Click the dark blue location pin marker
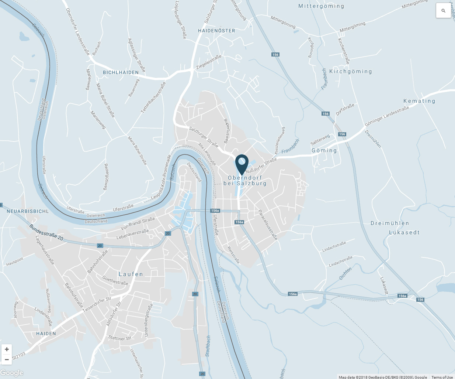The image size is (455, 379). point(242,164)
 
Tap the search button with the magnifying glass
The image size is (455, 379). point(443,11)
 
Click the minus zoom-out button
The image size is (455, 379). point(7,359)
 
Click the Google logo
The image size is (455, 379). point(12,373)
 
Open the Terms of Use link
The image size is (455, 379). point(442,377)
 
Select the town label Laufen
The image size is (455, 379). point(131,274)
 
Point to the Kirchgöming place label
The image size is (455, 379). point(350,71)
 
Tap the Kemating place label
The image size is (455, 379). point(419,101)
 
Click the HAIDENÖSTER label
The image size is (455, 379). point(216,31)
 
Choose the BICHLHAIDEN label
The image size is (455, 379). point(121,72)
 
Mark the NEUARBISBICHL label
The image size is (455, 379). point(28,211)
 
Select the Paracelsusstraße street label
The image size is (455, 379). point(268,225)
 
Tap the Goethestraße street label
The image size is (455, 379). point(115,280)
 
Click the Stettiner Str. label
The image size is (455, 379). point(120,338)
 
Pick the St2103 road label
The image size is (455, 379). point(19,356)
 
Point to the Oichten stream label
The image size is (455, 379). point(345,274)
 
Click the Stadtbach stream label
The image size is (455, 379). point(208,346)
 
